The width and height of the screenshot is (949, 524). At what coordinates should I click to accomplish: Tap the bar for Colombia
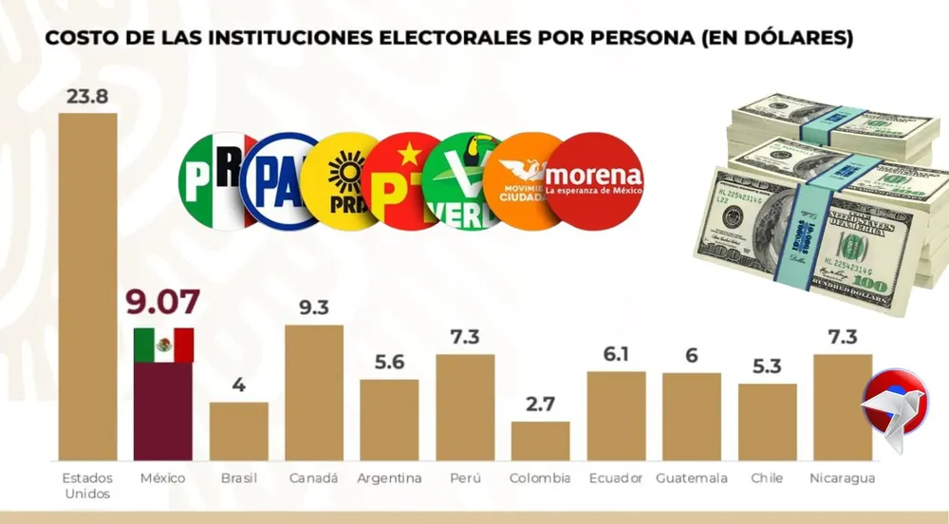click(x=540, y=440)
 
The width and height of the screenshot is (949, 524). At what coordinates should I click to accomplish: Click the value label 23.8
click(x=87, y=97)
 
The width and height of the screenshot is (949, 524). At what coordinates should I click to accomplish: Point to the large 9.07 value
click(x=163, y=303)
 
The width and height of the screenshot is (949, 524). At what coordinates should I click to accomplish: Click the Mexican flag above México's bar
click(x=163, y=345)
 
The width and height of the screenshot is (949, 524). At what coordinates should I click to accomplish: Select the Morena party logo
click(x=594, y=178)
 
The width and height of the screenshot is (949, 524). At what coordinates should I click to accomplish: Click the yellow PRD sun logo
click(x=344, y=181)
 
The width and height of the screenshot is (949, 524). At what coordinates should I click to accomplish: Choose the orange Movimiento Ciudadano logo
click(x=528, y=179)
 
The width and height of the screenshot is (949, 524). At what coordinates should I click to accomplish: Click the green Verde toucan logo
click(x=465, y=181)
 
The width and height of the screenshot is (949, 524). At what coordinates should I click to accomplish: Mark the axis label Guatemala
click(x=692, y=478)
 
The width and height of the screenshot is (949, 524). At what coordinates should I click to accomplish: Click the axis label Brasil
click(x=239, y=478)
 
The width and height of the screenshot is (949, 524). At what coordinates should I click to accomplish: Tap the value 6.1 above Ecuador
click(x=617, y=354)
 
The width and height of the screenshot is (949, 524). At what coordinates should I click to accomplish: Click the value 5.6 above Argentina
click(x=389, y=362)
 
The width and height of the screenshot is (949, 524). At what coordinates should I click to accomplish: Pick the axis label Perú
click(x=465, y=478)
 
